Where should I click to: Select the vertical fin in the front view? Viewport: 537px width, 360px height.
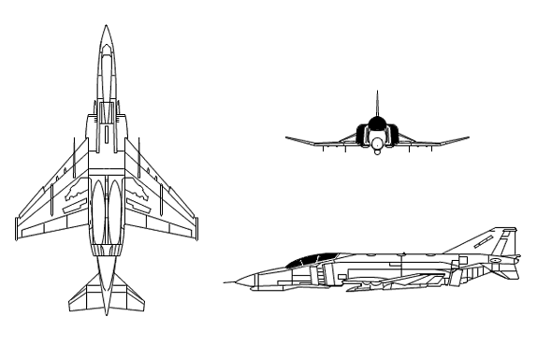[375, 108]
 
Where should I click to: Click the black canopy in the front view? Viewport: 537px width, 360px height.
[375, 125]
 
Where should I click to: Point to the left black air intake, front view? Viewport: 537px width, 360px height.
[362, 135]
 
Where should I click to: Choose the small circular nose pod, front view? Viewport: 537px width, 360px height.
[375, 143]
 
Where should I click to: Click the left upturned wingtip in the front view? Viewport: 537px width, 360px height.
[288, 137]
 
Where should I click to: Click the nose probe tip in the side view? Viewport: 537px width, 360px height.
[222, 281]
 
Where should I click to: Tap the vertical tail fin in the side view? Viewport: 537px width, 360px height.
[496, 243]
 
